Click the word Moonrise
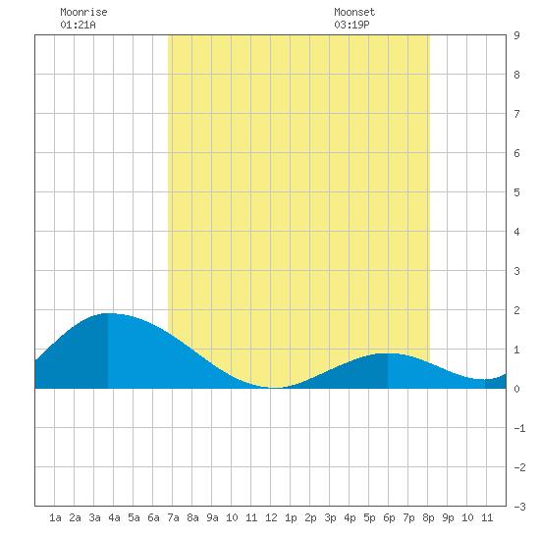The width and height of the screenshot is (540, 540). [83, 12]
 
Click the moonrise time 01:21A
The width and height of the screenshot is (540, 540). [78, 25]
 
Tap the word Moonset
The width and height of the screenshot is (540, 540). [354, 12]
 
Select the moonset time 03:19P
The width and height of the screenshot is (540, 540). [351, 25]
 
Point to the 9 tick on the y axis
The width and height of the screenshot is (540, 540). [516, 35]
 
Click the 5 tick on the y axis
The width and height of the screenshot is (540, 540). [516, 192]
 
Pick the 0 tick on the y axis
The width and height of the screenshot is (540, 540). [516, 389]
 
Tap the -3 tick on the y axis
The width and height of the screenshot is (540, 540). [519, 507]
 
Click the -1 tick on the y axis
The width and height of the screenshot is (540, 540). [519, 428]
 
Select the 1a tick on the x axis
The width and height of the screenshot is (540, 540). [55, 517]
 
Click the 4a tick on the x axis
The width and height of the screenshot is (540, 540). [114, 517]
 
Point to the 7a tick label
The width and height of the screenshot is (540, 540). [173, 517]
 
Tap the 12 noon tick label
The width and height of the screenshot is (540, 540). [271, 517]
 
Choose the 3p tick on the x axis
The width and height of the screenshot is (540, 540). [330, 517]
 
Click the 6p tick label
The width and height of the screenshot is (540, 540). [389, 517]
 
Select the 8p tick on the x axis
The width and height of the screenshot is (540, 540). [428, 517]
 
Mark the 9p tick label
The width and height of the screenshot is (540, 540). [448, 517]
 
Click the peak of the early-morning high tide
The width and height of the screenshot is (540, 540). [108, 313]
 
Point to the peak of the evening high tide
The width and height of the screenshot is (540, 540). [388, 353]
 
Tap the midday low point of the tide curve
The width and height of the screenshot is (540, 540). [275, 388]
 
